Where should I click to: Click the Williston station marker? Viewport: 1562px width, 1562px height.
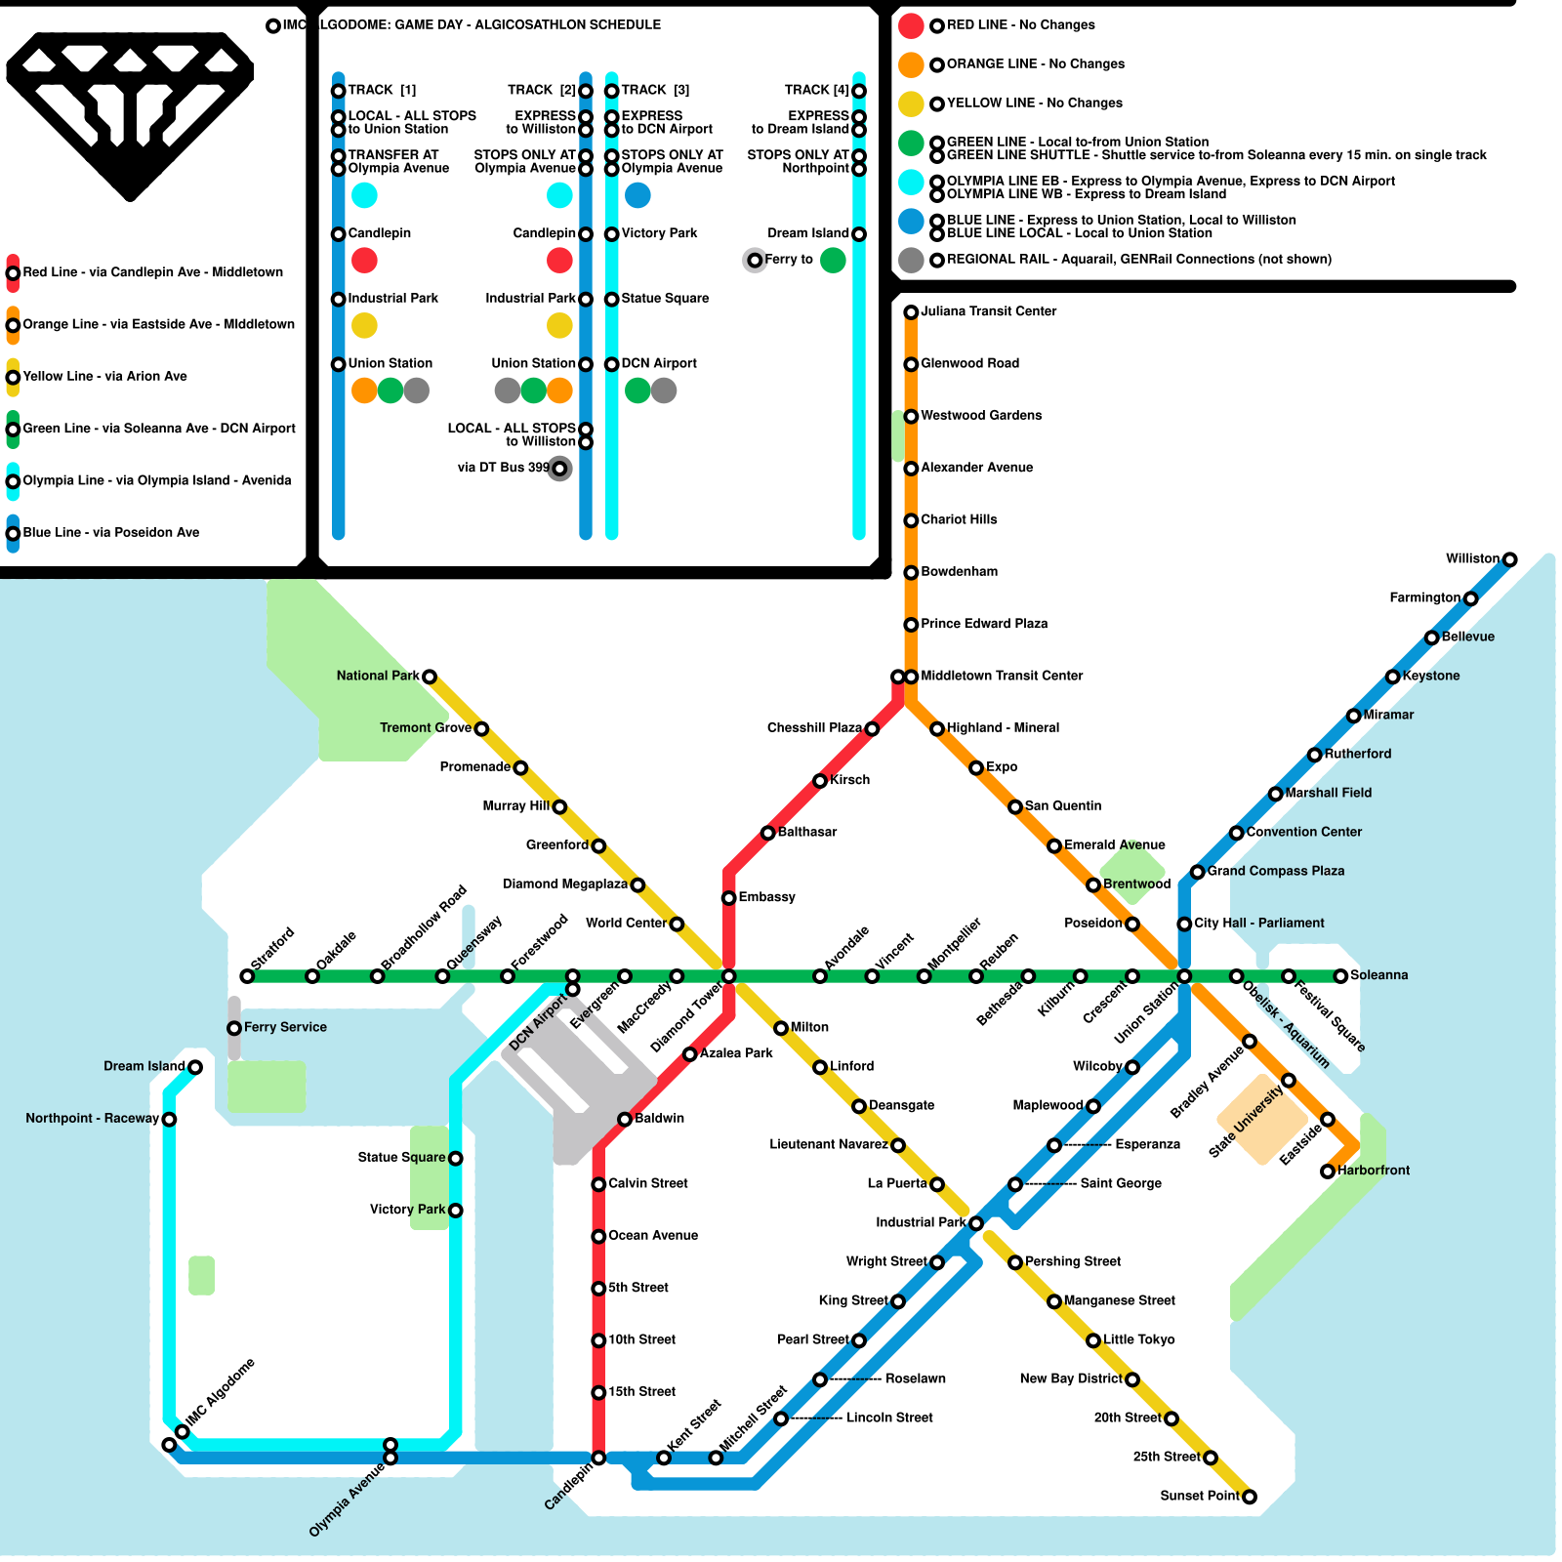(x=1509, y=559)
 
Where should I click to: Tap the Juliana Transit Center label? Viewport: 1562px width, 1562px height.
(x=988, y=311)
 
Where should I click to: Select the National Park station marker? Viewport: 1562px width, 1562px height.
(x=429, y=677)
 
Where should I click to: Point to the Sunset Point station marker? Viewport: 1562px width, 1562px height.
(x=1249, y=1497)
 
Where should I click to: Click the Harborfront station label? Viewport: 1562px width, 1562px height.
(x=1373, y=1171)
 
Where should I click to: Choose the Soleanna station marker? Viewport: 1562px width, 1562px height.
(x=1340, y=976)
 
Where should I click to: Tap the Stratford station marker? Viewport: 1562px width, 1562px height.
(x=247, y=976)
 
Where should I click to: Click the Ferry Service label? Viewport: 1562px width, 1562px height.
(x=285, y=1027)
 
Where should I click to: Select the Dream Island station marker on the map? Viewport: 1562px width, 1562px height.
(x=195, y=1067)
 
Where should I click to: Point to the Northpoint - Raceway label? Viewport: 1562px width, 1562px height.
(x=92, y=1118)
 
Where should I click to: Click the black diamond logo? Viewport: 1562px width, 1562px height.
(x=130, y=112)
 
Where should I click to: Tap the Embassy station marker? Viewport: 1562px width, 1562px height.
(x=728, y=898)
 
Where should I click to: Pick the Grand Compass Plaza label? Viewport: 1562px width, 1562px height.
(x=1275, y=871)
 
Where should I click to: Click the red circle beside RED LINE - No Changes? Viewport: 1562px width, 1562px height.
(x=911, y=25)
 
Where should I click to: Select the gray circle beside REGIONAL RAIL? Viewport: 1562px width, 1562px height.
(x=911, y=260)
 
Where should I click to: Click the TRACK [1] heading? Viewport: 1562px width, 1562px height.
(x=382, y=90)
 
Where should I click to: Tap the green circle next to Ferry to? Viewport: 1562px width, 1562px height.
(x=833, y=261)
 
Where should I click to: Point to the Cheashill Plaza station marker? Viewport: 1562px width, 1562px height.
(x=872, y=729)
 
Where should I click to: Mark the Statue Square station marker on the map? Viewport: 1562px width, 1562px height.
(x=455, y=1159)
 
